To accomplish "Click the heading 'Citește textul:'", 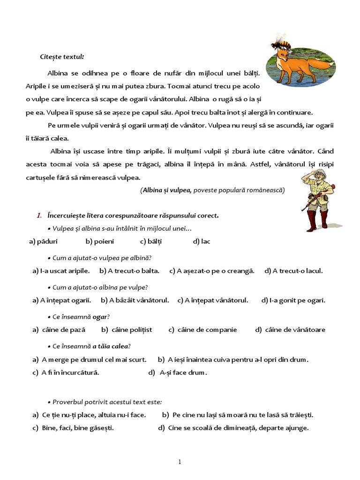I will click(62, 57).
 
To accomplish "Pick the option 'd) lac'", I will click(202, 241).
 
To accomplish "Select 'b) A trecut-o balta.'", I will click(129, 270).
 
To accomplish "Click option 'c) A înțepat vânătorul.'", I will click(213, 300).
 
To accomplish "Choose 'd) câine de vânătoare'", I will click(290, 330).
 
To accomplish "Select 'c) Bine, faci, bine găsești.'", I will click(73, 427).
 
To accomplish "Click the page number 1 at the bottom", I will click(180, 462).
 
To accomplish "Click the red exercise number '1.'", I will click(39, 216).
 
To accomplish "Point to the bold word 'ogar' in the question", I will click(100, 317).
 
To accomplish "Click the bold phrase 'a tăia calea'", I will click(110, 346).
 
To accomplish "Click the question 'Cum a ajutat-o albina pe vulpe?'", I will click(100, 287).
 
